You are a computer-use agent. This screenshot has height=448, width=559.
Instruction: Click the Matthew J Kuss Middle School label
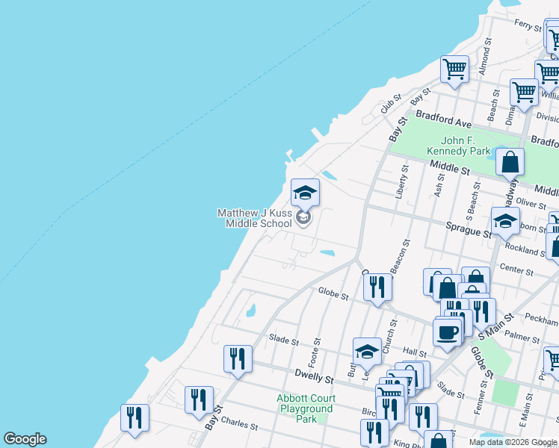tap(255, 218)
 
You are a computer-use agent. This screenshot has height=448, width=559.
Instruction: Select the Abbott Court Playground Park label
tap(306, 408)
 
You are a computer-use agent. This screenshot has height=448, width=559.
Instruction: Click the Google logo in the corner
tap(25, 439)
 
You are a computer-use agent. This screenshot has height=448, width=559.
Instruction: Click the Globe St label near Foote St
tap(333, 296)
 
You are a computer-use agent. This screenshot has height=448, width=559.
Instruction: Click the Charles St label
tap(240, 426)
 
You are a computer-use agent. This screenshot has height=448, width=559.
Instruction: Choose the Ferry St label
tap(528, 25)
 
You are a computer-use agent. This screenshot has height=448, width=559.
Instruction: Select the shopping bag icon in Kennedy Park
tap(510, 162)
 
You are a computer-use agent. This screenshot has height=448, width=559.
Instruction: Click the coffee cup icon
tap(448, 332)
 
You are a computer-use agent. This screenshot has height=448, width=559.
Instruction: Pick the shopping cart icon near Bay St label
tap(454, 70)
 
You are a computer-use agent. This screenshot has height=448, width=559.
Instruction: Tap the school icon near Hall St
tap(368, 352)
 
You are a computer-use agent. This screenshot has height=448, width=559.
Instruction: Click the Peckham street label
tap(543, 320)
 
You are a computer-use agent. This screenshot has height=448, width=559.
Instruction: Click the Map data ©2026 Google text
tap(513, 442)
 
